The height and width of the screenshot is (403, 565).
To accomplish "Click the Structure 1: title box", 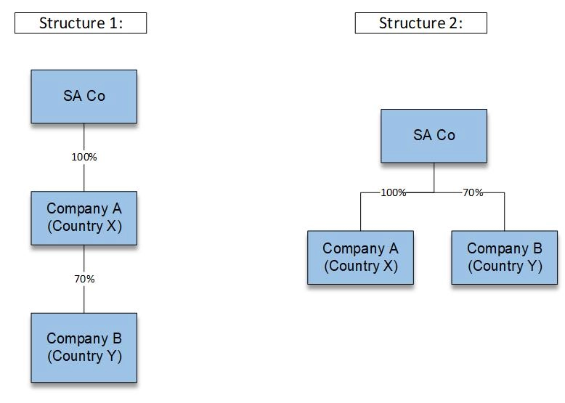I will coord(81,23).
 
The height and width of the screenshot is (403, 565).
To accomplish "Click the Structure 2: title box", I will coord(420,23).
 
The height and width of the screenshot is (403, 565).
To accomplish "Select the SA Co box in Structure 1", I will coord(84,97).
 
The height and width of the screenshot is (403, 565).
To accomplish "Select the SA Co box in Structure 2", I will coord(434,136).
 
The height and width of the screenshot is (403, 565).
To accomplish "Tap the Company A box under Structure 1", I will coord(84,218).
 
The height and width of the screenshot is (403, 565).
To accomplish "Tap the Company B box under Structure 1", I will coord(84,347).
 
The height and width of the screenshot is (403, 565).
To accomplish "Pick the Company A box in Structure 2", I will coord(360,257).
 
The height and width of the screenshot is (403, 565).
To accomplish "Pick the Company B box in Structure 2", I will coord(504,257).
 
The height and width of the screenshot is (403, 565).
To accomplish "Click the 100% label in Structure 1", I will coord(84,157).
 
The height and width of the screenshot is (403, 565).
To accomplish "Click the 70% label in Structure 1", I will coord(84,279).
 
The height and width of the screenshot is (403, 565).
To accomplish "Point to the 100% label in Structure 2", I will coord(394,192).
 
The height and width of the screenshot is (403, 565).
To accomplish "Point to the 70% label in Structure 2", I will coord(473,192).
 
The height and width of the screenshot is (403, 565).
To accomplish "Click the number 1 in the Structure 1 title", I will coord(113,23).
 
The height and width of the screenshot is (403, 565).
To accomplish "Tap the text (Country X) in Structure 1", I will coord(84,226).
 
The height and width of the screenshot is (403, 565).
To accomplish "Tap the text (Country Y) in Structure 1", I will coord(84,356).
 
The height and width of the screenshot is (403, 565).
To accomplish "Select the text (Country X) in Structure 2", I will coord(361,266).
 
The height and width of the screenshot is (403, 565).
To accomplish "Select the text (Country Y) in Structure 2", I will coord(505,266).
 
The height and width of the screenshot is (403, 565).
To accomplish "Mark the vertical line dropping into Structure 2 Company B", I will coord(504,212).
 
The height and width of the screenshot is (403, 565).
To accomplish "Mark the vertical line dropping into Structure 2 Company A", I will coord(360,212).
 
